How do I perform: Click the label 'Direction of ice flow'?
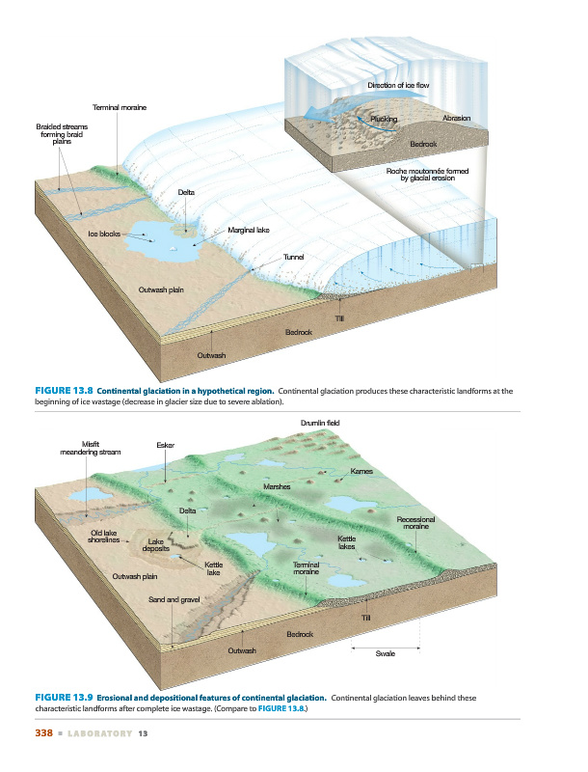tap(397, 86)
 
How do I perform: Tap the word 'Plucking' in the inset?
tap(385, 118)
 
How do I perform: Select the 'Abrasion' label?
tap(456, 118)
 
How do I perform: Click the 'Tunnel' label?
tap(294, 256)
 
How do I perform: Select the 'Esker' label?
tap(165, 444)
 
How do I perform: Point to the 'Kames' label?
tap(361, 471)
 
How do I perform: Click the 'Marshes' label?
tap(270, 487)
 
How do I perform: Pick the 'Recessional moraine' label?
tap(415, 523)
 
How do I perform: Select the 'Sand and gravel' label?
tap(174, 599)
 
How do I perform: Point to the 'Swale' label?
tap(385, 654)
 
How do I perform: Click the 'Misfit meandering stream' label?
tap(90, 447)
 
